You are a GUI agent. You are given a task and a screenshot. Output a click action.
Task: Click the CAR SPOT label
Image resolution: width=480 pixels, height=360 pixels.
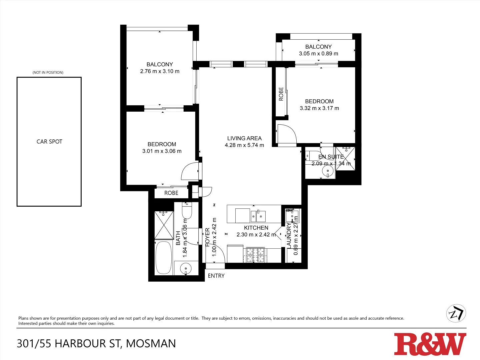49,142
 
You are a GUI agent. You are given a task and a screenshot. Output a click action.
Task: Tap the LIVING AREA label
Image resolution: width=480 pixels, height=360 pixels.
244,138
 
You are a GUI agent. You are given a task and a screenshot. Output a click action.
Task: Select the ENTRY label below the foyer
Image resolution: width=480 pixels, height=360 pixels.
216,276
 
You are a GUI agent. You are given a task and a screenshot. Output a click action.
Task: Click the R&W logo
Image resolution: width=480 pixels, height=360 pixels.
430,344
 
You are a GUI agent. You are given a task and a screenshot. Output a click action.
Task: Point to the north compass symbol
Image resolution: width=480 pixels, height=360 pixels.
456,313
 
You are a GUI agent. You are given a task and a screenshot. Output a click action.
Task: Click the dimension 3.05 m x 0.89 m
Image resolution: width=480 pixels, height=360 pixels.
318,54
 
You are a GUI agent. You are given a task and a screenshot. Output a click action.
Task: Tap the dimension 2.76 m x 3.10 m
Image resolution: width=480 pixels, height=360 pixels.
160,71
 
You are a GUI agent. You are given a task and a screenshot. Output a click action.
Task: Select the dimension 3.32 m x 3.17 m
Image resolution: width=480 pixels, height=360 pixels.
319,108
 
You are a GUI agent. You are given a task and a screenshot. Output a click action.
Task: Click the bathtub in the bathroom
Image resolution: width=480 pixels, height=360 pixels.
163,257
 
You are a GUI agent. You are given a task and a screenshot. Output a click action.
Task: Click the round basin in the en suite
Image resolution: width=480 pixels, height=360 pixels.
328,171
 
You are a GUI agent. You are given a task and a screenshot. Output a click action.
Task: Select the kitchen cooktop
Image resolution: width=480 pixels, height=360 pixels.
255,255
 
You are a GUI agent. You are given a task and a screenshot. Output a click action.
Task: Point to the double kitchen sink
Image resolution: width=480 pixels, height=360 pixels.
258,216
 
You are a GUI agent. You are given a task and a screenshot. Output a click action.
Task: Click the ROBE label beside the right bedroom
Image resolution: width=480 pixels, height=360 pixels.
281,94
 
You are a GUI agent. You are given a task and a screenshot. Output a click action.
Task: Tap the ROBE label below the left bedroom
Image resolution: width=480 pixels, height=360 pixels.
171,193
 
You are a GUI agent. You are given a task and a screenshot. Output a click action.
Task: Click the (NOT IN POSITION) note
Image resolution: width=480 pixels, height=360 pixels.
48,72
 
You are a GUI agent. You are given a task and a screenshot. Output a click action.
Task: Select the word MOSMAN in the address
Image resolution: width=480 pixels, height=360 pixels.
151,344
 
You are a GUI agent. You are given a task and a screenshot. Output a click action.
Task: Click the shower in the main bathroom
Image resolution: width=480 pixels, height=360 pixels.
164,225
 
